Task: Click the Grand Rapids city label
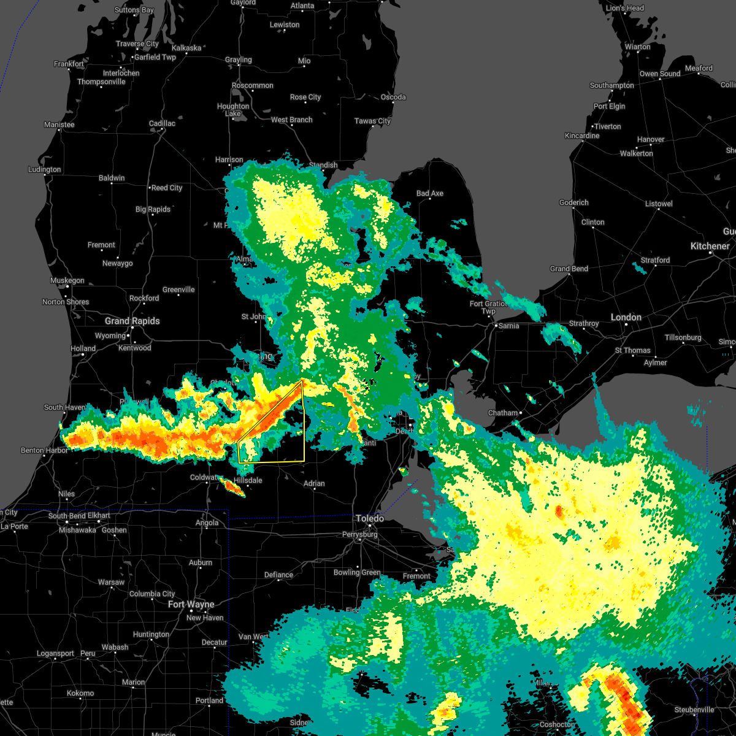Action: [x=132, y=321]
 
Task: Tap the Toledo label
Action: [x=370, y=519]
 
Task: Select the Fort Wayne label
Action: [x=191, y=605]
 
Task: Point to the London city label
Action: [x=626, y=317]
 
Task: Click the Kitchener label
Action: [x=710, y=246]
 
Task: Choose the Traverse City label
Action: [x=137, y=44]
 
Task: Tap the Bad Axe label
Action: [x=429, y=193]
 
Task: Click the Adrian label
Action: [x=314, y=483]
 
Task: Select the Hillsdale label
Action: [x=248, y=480]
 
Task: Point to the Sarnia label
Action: [x=508, y=326]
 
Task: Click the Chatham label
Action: [x=503, y=413]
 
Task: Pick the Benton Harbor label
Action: [x=40, y=450]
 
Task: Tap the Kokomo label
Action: [x=80, y=693]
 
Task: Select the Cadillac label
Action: [x=162, y=123]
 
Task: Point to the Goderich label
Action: [x=574, y=202]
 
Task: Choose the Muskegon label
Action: [x=67, y=280]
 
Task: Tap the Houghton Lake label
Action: [x=233, y=110]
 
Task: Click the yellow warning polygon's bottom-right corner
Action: [x=304, y=461]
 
